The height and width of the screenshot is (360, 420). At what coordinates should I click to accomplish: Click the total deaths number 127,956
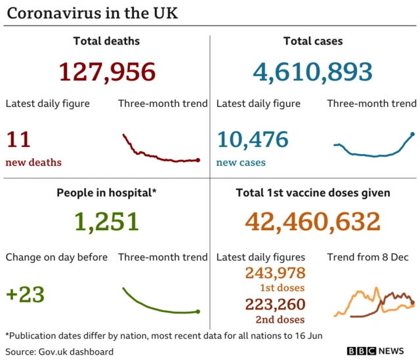coord(107,71)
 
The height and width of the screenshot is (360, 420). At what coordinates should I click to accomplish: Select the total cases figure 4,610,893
coord(312,71)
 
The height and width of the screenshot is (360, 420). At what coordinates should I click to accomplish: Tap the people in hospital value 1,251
coord(107,222)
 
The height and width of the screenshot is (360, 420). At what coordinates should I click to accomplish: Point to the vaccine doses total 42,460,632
coord(312,222)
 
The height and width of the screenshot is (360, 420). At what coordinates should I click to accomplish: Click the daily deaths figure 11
coord(18,140)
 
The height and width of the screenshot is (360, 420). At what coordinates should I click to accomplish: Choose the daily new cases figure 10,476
coord(253,140)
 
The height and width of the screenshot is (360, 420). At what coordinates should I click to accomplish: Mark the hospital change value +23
coord(25,294)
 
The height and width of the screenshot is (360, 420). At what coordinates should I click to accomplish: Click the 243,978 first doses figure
coord(275,273)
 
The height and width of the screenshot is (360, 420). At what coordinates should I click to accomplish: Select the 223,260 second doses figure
coord(275,304)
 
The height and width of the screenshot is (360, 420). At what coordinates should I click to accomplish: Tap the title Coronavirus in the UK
coord(93,13)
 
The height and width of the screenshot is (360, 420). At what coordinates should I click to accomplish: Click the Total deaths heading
coord(106,41)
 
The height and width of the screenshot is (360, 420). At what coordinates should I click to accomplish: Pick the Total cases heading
coord(312,41)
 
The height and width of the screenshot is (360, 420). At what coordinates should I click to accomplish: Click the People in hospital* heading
coord(106,193)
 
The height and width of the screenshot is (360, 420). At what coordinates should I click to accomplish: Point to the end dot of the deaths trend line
coord(198,159)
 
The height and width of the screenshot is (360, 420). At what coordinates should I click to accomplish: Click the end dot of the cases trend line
coord(412,134)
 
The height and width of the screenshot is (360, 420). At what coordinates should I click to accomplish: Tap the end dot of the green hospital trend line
coord(198,311)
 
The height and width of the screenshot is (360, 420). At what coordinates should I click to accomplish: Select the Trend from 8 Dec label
coord(371,257)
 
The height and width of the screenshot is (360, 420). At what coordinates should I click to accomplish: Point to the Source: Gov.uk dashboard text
coord(60,351)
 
